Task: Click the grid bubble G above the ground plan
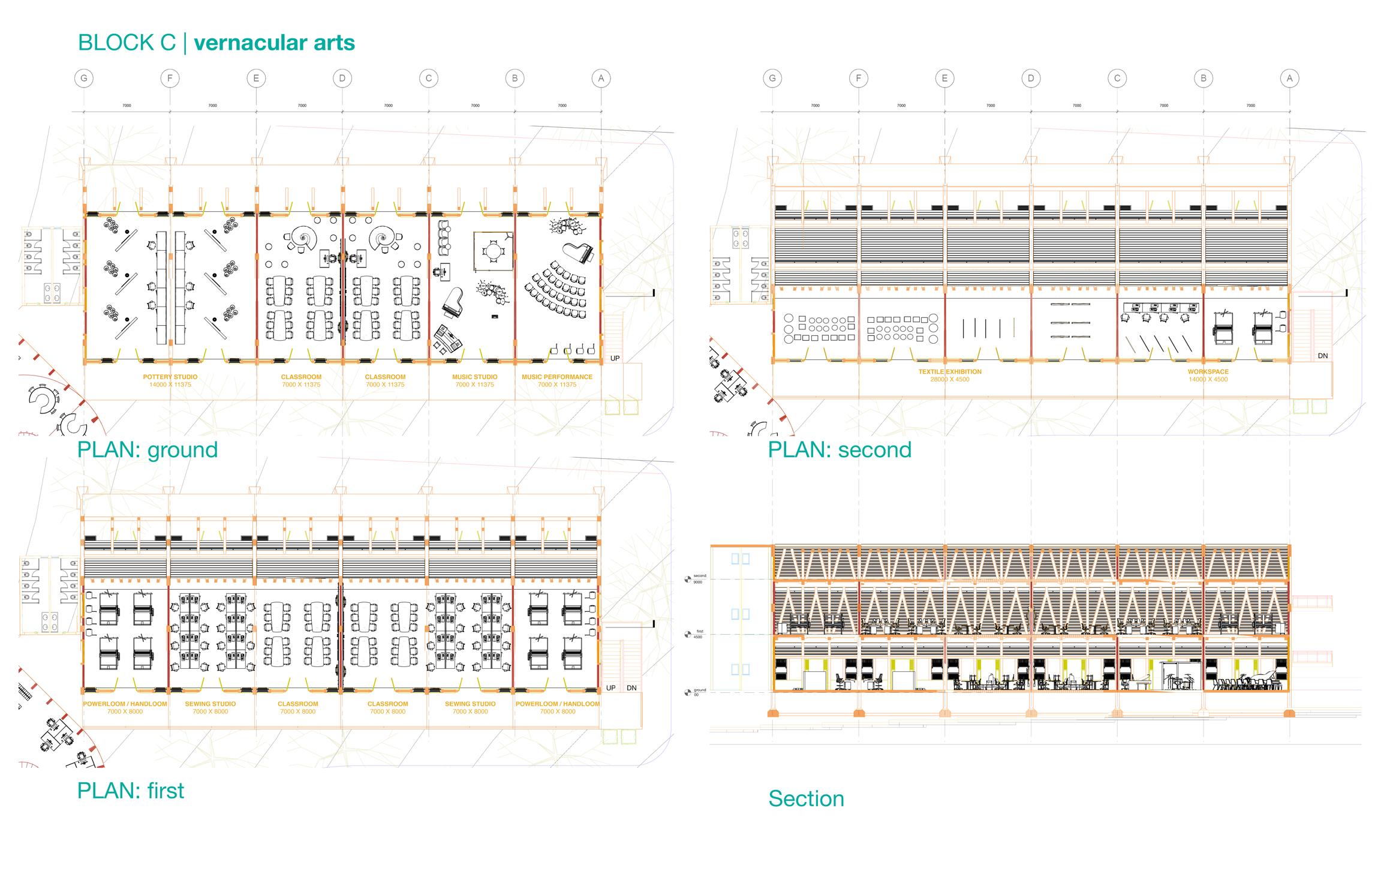[x=84, y=78]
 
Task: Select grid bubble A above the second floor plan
[x=1289, y=78]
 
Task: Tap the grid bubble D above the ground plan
[x=342, y=78]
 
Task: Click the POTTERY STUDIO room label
[x=170, y=377]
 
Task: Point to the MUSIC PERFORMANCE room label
[x=557, y=377]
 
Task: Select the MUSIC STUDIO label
[x=475, y=377]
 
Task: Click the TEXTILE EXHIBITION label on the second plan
[x=950, y=372]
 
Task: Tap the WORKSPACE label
[x=1208, y=372]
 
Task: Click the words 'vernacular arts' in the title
[x=275, y=43]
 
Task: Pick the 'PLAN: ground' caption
[x=148, y=450]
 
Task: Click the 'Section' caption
[x=806, y=799]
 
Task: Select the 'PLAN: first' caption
[x=131, y=791]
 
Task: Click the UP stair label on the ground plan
[x=615, y=358]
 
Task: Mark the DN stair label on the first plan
[x=631, y=688]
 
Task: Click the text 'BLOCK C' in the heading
[x=127, y=43]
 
